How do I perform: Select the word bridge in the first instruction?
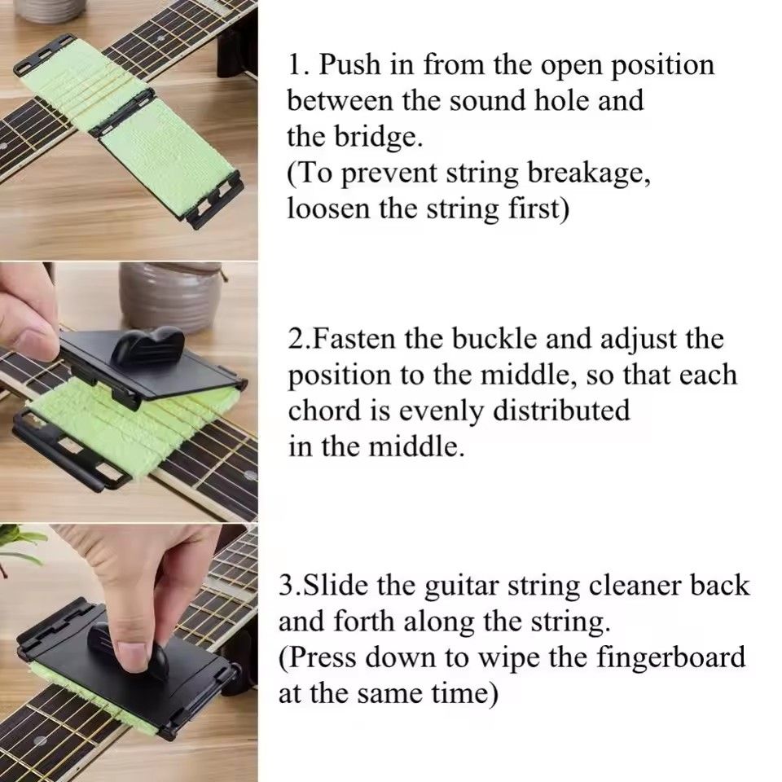point(380,136)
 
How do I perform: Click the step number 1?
point(295,65)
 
